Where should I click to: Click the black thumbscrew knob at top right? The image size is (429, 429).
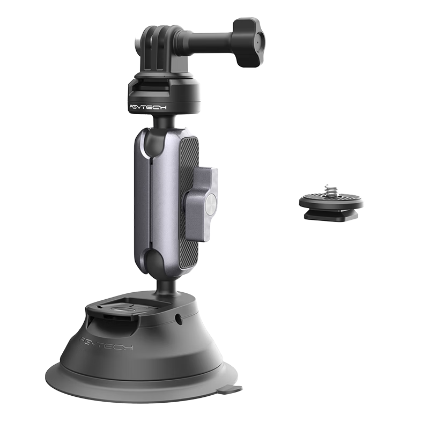pos(248,42)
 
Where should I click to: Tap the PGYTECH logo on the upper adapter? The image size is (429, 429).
pos(148,107)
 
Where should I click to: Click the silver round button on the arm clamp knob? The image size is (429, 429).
pos(211,203)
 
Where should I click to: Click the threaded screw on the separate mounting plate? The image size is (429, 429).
pos(327,190)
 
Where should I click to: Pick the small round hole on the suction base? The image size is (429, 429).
pos(179,317)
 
